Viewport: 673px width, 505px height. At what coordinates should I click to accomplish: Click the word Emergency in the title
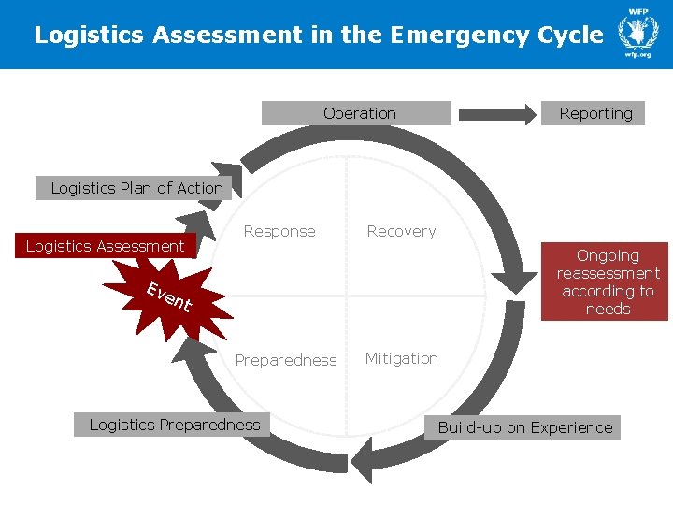(x=445, y=36)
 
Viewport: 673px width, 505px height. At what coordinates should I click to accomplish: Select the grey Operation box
(x=357, y=113)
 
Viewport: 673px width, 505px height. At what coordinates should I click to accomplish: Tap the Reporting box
(x=594, y=113)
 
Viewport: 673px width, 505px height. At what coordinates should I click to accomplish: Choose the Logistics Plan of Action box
(x=136, y=188)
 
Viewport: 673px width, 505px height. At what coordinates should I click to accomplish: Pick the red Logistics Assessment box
(x=105, y=246)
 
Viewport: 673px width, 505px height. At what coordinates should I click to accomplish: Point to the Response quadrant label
(x=279, y=231)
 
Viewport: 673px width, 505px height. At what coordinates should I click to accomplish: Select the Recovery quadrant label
(x=401, y=231)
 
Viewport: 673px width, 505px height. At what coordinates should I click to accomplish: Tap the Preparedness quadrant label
(x=285, y=360)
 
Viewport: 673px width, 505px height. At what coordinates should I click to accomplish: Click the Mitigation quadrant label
(x=401, y=358)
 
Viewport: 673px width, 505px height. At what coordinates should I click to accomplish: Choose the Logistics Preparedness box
(x=174, y=425)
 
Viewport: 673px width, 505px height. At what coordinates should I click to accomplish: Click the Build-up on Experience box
(x=525, y=427)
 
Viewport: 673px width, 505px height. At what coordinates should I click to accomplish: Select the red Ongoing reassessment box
(x=607, y=281)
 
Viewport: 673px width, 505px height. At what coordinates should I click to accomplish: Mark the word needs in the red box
(x=608, y=309)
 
